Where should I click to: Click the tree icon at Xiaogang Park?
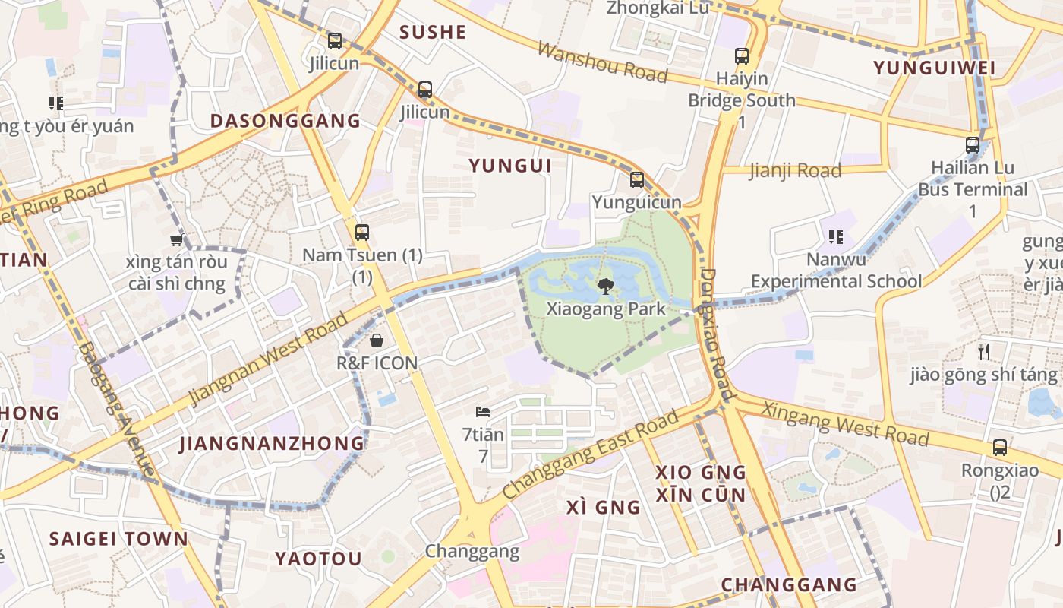pos(605,287)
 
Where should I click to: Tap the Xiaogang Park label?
pos(606,309)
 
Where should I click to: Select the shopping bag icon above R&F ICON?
pos(377,340)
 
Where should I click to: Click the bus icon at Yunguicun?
pos(637,180)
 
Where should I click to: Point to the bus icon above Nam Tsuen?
pos(362,233)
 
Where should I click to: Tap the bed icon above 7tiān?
pos(483,413)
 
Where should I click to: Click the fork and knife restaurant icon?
pos(984,351)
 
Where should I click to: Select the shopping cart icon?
pos(177,240)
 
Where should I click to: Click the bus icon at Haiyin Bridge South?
pos(742,56)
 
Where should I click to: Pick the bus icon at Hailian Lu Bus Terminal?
pos(973,145)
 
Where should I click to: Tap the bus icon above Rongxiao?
pos(1000,448)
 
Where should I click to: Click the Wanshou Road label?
pos(603,62)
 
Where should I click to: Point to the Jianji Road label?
pos(795,170)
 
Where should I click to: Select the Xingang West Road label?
pos(845,423)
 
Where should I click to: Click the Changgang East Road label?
pos(591,454)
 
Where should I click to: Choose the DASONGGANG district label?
pos(285,121)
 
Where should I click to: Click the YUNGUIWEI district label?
pos(934,68)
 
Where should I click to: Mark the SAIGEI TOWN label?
pos(118,539)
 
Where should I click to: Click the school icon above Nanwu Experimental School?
pos(836,237)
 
